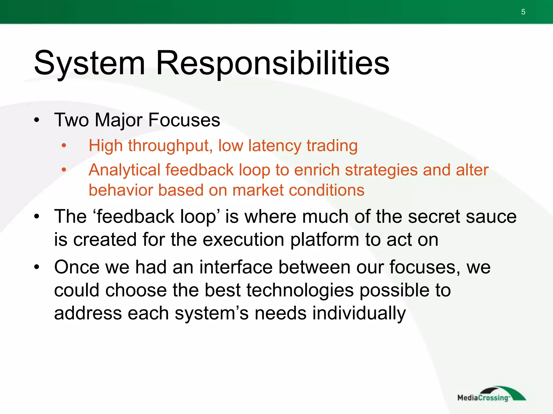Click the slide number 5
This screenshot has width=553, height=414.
pyautogui.click(x=523, y=12)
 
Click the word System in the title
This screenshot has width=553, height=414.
pyautogui.click(x=89, y=63)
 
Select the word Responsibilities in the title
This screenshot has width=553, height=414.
pyautogui.click(x=272, y=63)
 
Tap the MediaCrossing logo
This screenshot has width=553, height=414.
pyautogui.click(x=491, y=395)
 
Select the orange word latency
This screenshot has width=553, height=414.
pyautogui.click(x=274, y=146)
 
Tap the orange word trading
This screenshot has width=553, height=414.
pyautogui.click(x=332, y=146)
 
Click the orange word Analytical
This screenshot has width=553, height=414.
pyautogui.click(x=124, y=170)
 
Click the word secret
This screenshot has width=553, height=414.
pyautogui.click(x=434, y=217)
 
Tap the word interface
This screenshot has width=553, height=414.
pyautogui.click(x=236, y=267)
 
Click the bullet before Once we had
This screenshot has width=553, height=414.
pyautogui.click(x=37, y=267)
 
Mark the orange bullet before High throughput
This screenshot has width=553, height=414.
pyautogui.click(x=64, y=146)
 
